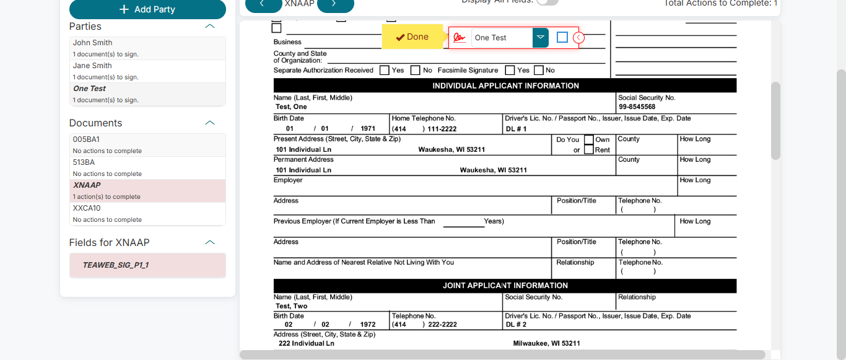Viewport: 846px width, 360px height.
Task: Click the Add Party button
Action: pos(147,9)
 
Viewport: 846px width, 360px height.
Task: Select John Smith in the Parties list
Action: pos(93,43)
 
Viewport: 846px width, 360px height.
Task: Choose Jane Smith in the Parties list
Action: pos(93,66)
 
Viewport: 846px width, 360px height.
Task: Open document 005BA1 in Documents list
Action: pos(87,139)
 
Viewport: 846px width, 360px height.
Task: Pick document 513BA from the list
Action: pos(84,162)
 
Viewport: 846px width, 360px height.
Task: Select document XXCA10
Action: pos(87,208)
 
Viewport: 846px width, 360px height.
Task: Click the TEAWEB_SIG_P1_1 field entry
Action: pos(116,265)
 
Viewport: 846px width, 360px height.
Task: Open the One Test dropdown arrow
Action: pos(541,38)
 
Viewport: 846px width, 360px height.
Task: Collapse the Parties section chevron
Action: pos(210,27)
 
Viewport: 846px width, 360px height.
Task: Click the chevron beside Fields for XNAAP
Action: pos(210,242)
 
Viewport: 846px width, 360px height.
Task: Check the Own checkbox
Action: pos(589,139)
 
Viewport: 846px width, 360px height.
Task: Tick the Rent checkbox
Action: pos(589,149)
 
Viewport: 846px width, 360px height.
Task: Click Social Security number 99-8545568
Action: pos(637,107)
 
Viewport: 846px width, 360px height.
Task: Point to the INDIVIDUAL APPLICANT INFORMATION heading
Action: pos(505,86)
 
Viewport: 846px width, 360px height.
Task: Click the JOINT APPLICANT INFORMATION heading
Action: pos(505,286)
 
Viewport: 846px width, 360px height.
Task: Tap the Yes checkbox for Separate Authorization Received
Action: pos(385,71)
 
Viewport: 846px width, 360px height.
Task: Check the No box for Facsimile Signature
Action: pos(539,71)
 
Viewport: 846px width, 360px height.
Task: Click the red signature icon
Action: pos(459,38)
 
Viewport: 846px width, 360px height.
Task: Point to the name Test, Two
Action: pos(292,306)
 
